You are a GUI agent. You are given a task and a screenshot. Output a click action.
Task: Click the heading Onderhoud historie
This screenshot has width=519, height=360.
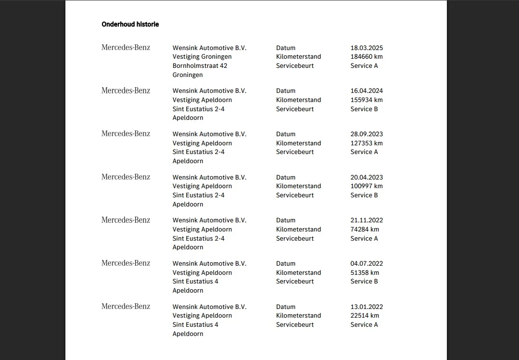coord(130,24)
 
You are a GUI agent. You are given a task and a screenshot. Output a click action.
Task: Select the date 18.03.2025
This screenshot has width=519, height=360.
coord(367,48)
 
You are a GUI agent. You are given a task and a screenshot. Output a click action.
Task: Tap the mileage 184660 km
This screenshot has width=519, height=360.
coord(367,56)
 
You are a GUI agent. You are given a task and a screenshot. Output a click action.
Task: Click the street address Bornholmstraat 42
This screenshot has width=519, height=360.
coord(200,65)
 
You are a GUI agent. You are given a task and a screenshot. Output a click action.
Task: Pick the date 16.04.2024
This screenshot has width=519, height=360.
coord(367,90)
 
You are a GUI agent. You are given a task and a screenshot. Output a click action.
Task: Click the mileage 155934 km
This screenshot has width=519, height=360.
coord(367,100)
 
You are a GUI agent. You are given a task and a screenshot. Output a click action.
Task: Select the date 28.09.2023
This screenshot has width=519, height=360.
coord(367,134)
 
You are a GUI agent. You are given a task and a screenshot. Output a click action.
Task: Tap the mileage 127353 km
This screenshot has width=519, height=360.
coord(367,143)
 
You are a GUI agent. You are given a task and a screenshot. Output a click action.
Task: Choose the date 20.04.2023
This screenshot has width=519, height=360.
coord(367,177)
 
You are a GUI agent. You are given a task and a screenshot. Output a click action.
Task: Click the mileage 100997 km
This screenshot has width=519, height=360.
coord(367,186)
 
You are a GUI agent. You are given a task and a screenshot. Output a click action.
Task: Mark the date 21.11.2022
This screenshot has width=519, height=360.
coord(367,220)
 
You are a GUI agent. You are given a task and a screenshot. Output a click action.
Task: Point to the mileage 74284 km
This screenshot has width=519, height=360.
coord(365,229)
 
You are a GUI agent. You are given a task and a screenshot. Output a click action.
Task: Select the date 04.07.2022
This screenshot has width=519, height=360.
coord(367,263)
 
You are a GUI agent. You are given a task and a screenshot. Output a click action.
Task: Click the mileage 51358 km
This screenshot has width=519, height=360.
coord(365,272)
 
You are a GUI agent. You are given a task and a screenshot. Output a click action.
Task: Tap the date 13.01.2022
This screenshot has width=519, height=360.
coord(367,307)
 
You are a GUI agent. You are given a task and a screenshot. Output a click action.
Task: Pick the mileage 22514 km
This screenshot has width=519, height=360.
coord(365,315)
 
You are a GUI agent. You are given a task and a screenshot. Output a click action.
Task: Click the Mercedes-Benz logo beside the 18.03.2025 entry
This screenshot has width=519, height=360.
coord(126,47)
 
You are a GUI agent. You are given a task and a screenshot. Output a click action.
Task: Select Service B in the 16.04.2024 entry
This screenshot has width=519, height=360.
coord(364,109)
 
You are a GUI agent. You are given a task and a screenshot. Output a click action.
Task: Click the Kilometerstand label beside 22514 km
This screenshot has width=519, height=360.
coord(298,315)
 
